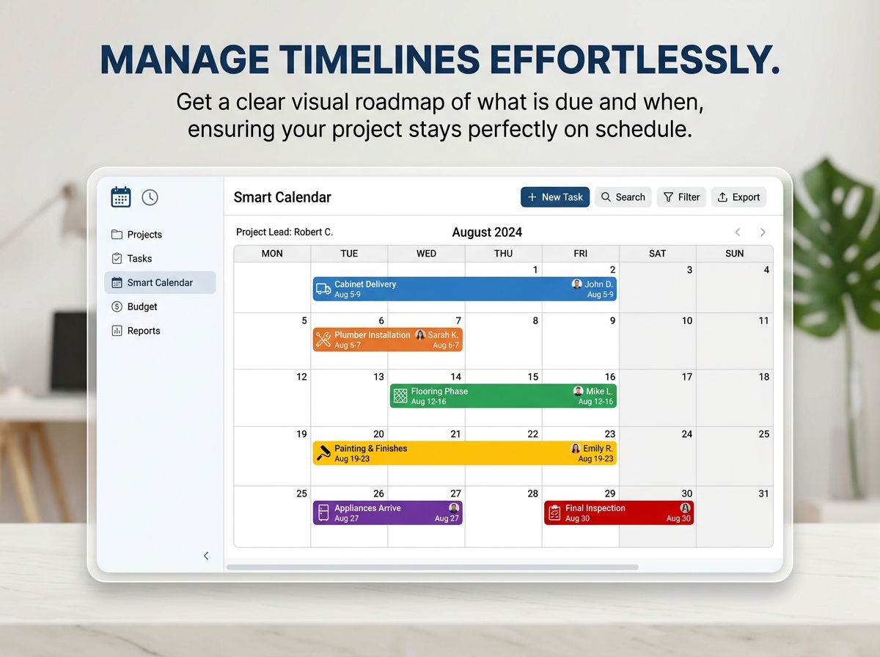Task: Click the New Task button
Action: [555, 197]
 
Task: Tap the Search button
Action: [623, 197]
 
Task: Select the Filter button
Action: [681, 197]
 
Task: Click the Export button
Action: [738, 197]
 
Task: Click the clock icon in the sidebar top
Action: [150, 197]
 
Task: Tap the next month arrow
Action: [763, 232]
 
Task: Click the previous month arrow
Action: [738, 232]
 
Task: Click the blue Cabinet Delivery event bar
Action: [465, 289]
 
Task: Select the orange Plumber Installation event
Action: [388, 339]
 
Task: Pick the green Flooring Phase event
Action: [503, 396]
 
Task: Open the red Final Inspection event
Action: [619, 513]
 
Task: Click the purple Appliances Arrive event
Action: [388, 513]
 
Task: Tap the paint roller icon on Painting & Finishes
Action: [323, 453]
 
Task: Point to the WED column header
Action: [426, 253]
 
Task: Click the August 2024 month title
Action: [487, 232]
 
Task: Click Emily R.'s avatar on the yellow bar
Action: [576, 448]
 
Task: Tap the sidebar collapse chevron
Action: [206, 556]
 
